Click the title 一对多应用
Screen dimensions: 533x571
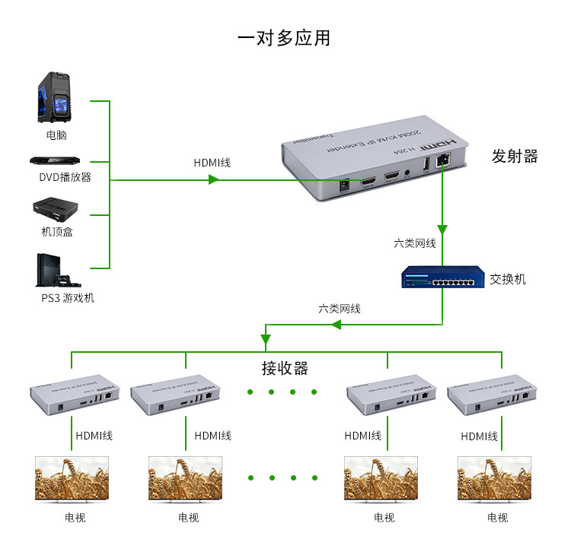click(284, 38)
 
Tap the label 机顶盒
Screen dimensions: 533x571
click(57, 232)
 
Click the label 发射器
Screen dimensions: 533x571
click(515, 157)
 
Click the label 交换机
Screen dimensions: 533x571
click(508, 279)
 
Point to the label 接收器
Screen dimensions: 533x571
click(285, 369)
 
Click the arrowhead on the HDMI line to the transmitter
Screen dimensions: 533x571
click(214, 179)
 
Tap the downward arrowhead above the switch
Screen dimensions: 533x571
click(442, 230)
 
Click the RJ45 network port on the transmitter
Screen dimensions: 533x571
click(442, 161)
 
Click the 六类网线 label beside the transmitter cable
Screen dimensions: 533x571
click(415, 244)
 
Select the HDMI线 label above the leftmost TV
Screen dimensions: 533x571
click(94, 436)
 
